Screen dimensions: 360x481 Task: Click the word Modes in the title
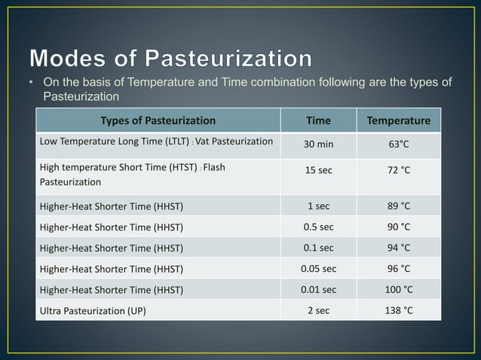pos(69,59)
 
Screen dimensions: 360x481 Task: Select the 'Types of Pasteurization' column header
pos(158,121)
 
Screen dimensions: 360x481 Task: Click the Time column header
pos(317,121)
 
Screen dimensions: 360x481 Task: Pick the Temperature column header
pos(398,121)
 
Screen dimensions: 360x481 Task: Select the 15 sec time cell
pos(317,171)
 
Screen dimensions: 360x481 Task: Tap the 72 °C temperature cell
pos(398,171)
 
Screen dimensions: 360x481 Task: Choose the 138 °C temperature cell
pos(398,310)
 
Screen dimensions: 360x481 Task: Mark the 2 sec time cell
pos(317,310)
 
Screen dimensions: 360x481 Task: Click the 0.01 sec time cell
pos(317,288)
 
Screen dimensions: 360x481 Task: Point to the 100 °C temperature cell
pos(398,288)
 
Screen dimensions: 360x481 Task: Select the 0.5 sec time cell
pos(317,225)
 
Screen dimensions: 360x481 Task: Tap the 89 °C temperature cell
pos(398,205)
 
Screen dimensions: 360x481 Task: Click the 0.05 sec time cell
pos(317,267)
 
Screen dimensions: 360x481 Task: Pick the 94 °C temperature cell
pos(398,246)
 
